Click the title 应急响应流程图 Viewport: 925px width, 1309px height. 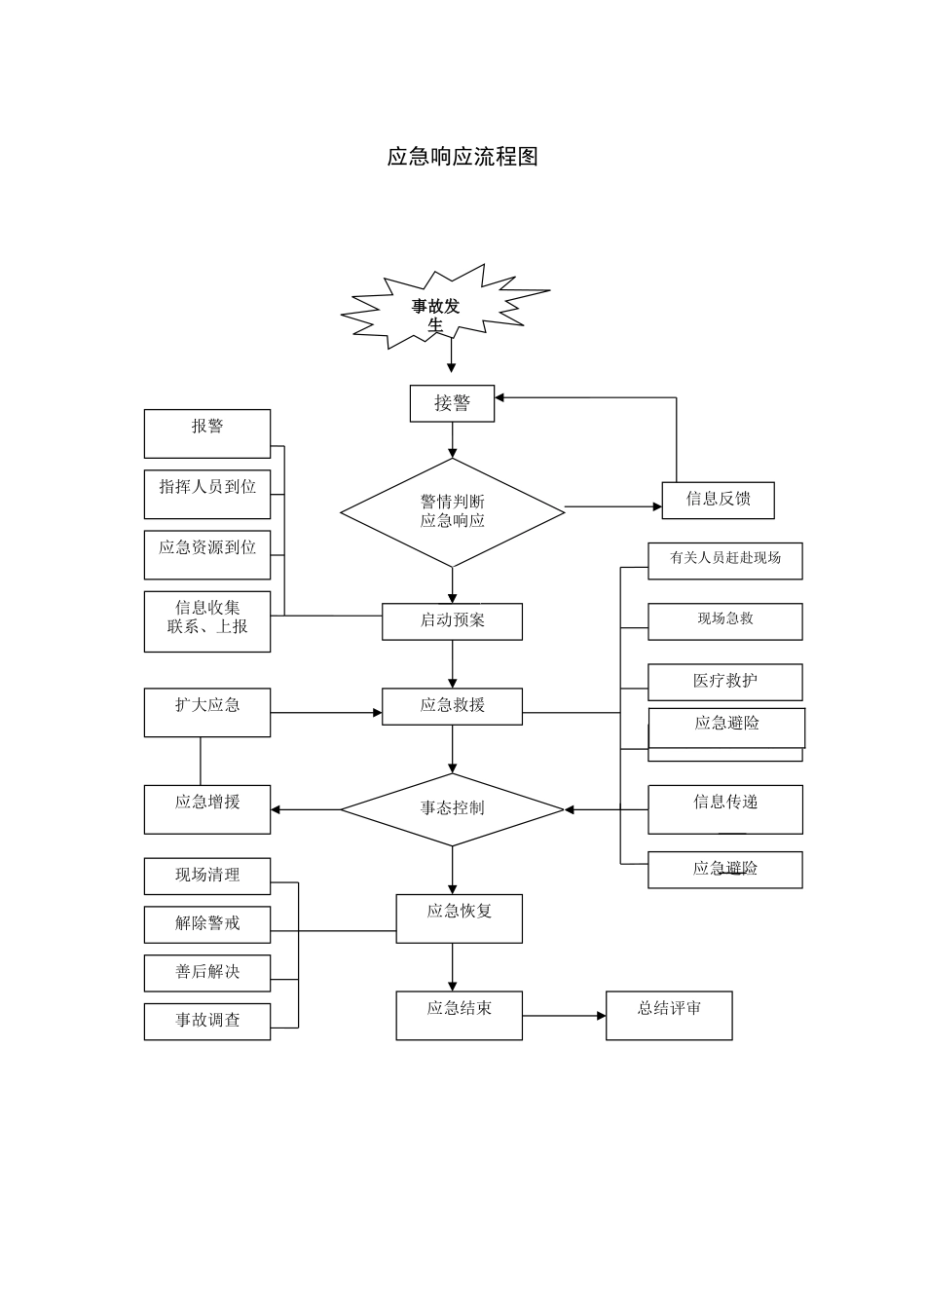[462, 157]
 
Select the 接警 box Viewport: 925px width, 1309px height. [452, 403]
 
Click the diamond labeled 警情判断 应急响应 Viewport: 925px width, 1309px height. [452, 512]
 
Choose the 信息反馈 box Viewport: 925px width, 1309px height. [718, 500]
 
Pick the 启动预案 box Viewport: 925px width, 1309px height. [452, 621]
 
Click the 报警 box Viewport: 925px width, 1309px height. [207, 433]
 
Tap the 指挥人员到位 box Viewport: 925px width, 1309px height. [207, 495]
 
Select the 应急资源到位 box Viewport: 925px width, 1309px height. [207, 555]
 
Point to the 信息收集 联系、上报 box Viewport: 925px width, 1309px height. [207, 621]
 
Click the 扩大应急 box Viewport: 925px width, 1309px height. [207, 712]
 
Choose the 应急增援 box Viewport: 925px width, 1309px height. [207, 808]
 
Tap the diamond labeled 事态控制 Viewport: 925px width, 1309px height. [452, 809]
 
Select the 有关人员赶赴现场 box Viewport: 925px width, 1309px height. [725, 561]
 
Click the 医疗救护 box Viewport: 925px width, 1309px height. [725, 682]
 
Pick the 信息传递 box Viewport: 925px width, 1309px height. [725, 808]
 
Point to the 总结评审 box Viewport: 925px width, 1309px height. [669, 1015]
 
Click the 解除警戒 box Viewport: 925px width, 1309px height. [207, 924]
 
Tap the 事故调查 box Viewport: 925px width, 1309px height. [207, 1021]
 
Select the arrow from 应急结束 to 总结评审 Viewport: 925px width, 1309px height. [564, 1016]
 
